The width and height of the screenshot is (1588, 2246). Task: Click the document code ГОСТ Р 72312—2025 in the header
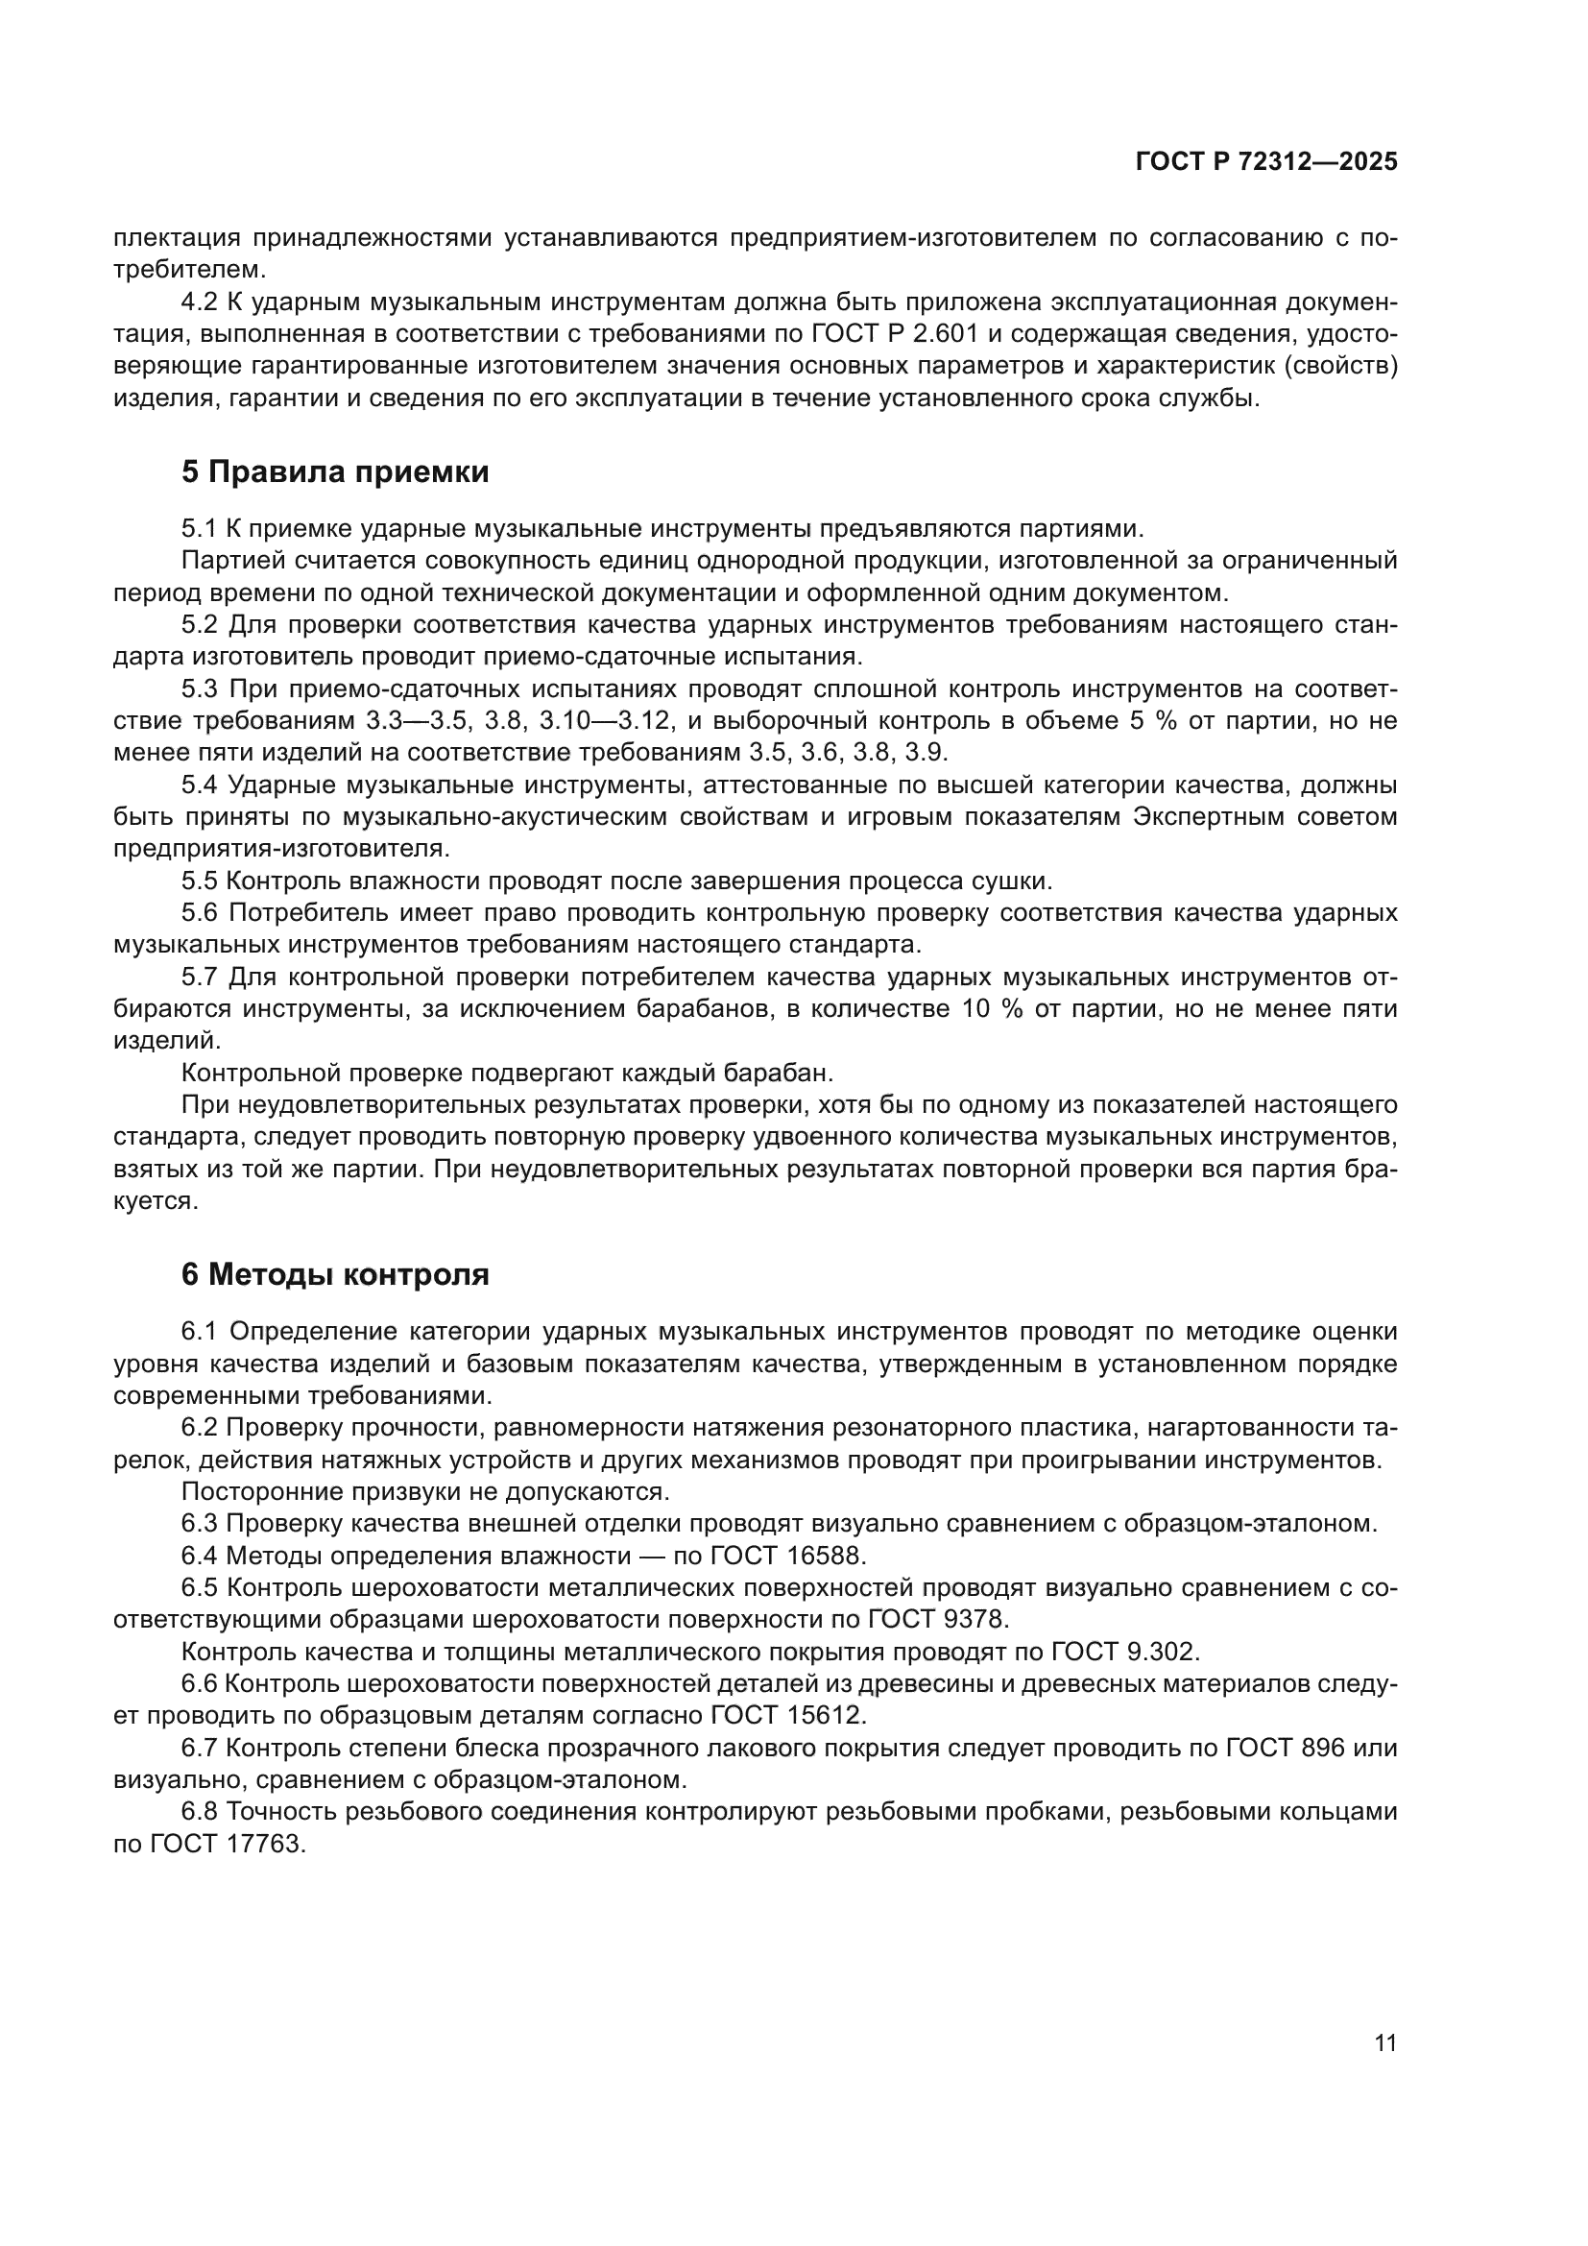point(1266,162)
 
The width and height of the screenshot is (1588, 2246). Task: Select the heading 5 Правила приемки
point(334,472)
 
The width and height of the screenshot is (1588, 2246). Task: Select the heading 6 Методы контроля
point(334,1274)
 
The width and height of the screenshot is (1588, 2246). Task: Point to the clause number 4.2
point(200,302)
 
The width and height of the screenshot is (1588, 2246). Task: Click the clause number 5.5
point(200,881)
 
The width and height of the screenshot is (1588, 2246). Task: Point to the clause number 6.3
point(200,1523)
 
